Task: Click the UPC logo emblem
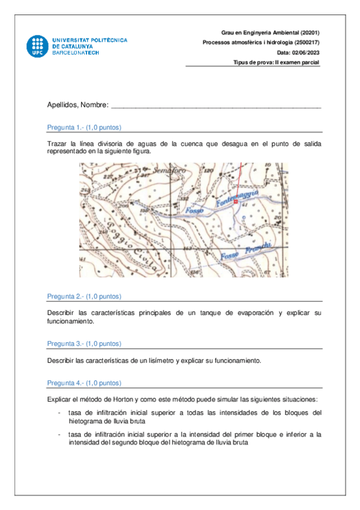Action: pyautogui.click(x=37, y=46)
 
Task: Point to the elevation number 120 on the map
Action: pyautogui.click(x=209, y=172)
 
